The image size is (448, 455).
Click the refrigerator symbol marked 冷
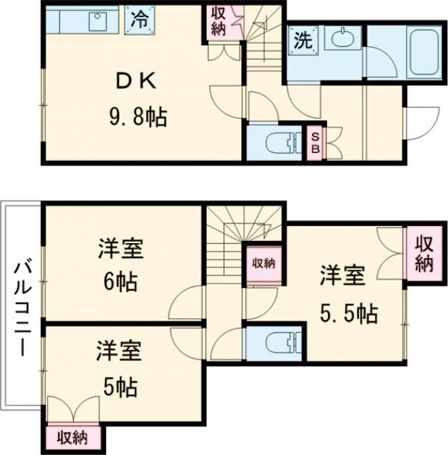(138, 19)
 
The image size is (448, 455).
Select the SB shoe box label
(315, 142)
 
